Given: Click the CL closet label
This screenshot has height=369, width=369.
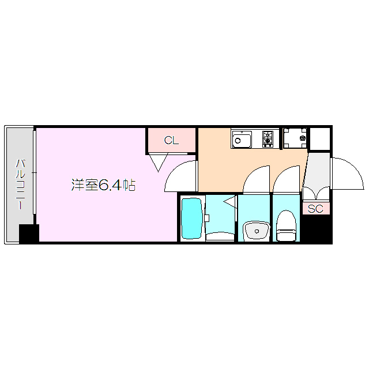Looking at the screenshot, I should (x=171, y=140).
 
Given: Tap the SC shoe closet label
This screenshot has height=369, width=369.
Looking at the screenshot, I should (x=315, y=209).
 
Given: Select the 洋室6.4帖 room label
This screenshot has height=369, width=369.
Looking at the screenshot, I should (x=103, y=185).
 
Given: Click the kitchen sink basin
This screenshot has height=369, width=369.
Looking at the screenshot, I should (x=242, y=139).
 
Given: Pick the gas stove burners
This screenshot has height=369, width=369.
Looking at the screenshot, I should (x=268, y=138).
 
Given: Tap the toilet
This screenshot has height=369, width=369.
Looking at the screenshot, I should (x=286, y=226).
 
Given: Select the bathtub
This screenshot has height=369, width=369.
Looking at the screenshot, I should (x=191, y=219).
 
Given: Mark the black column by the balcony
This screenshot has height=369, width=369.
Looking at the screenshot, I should (x=29, y=234).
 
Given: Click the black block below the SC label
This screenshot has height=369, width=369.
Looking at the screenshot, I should (x=317, y=229).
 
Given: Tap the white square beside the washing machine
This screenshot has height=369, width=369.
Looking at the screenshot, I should (x=320, y=138).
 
